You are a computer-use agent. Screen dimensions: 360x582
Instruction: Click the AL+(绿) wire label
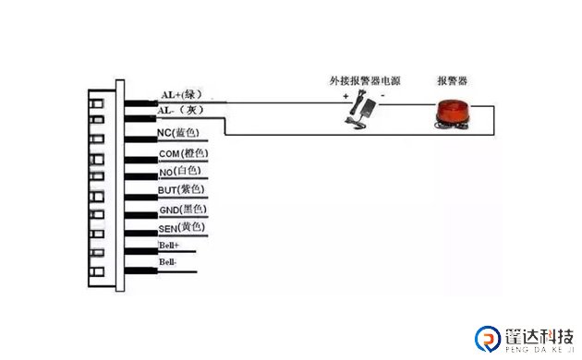[181, 94]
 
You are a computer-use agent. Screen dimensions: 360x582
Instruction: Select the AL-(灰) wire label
[178, 111]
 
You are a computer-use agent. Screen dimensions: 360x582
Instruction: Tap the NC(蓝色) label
[180, 133]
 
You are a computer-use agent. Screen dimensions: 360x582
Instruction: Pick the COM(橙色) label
[183, 152]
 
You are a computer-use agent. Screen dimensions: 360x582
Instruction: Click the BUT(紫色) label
[181, 190]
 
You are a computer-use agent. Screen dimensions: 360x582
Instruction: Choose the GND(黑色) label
[181, 210]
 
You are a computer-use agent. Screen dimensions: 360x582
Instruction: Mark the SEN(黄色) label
[180, 228]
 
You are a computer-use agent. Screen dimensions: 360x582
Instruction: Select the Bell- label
[168, 263]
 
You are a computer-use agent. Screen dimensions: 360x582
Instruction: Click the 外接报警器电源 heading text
[364, 80]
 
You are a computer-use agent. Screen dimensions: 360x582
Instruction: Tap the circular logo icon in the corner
[486, 339]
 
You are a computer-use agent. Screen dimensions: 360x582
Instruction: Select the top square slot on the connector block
[95, 101]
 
